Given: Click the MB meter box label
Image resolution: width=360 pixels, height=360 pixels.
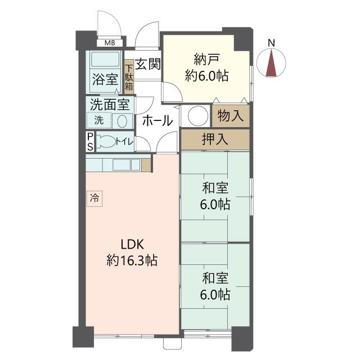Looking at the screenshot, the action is (x=110, y=43).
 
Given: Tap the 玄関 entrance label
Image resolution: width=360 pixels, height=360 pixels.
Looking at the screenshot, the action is (x=147, y=64).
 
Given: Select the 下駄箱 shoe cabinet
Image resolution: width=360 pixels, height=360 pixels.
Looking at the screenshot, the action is (x=129, y=77).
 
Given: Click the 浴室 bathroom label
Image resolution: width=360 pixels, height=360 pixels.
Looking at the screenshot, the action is (x=105, y=79).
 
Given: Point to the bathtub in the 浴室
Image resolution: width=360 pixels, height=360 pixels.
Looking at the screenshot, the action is (x=105, y=60).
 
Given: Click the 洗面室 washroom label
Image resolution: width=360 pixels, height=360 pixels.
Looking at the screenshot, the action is (x=110, y=105).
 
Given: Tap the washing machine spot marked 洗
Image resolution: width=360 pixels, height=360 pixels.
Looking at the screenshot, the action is (x=99, y=120).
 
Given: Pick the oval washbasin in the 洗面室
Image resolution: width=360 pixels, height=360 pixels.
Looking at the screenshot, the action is (x=123, y=121).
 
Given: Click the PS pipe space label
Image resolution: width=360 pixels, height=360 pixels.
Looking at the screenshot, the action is (x=90, y=142).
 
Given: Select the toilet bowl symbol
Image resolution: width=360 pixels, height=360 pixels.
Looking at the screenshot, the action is (x=106, y=141).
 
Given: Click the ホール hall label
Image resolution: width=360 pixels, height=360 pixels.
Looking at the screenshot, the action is (x=157, y=120).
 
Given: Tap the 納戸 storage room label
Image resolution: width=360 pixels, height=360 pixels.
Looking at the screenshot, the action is (x=206, y=59).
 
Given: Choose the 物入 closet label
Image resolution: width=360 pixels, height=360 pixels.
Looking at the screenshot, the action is (x=230, y=115).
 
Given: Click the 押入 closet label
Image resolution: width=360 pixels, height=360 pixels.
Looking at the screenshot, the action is (x=215, y=139).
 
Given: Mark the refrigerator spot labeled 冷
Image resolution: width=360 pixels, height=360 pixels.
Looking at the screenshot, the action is (x=94, y=199).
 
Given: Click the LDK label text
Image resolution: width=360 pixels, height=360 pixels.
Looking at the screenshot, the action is (x=132, y=244).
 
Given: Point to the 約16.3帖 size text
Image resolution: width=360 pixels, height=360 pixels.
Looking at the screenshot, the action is (x=132, y=260).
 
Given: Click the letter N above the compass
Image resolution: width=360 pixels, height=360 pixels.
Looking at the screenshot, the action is (x=271, y=43).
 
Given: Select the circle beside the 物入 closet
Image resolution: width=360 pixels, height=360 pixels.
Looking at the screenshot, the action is (x=198, y=116).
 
